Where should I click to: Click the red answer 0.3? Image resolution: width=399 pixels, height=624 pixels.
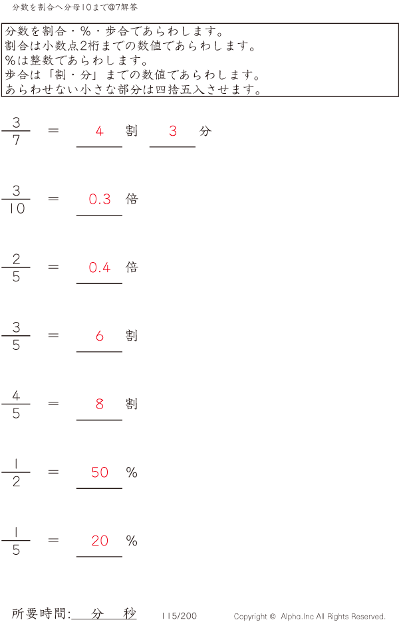pyautogui.click(x=100, y=199)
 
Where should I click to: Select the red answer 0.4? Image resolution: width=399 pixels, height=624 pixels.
pyautogui.click(x=100, y=267)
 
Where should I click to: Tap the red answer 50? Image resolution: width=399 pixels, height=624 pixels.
pyautogui.click(x=100, y=472)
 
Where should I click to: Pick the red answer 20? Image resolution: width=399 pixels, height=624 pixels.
pyautogui.click(x=100, y=541)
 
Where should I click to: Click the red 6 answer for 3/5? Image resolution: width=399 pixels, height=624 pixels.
pyautogui.click(x=100, y=336)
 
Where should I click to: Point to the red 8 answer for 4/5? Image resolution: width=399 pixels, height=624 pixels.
pyautogui.click(x=100, y=404)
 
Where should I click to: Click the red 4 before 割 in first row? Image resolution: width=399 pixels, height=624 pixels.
pyautogui.click(x=100, y=131)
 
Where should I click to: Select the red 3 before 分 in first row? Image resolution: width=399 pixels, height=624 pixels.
pyautogui.click(x=173, y=131)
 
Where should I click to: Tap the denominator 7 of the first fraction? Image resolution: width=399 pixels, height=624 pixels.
pyautogui.click(x=16, y=141)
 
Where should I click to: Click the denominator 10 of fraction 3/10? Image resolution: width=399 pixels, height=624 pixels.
pyautogui.click(x=17, y=209)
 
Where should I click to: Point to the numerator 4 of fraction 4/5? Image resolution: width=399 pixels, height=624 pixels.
pyautogui.click(x=16, y=396)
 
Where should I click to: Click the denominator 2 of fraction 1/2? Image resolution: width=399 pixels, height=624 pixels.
pyautogui.click(x=16, y=482)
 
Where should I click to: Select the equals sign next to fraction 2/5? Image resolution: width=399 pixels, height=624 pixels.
pyautogui.click(x=54, y=267)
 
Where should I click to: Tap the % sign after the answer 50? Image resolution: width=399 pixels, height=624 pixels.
pyautogui.click(x=132, y=472)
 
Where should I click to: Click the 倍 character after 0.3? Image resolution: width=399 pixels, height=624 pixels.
pyautogui.click(x=132, y=199)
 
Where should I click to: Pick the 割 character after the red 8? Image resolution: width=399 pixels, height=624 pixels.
pyautogui.click(x=132, y=404)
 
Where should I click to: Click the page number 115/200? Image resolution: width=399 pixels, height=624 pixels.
pyautogui.click(x=179, y=616)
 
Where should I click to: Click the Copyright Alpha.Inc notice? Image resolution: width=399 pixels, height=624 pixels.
pyautogui.click(x=309, y=617)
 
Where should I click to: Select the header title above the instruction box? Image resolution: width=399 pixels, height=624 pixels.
pyautogui.click(x=76, y=7)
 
